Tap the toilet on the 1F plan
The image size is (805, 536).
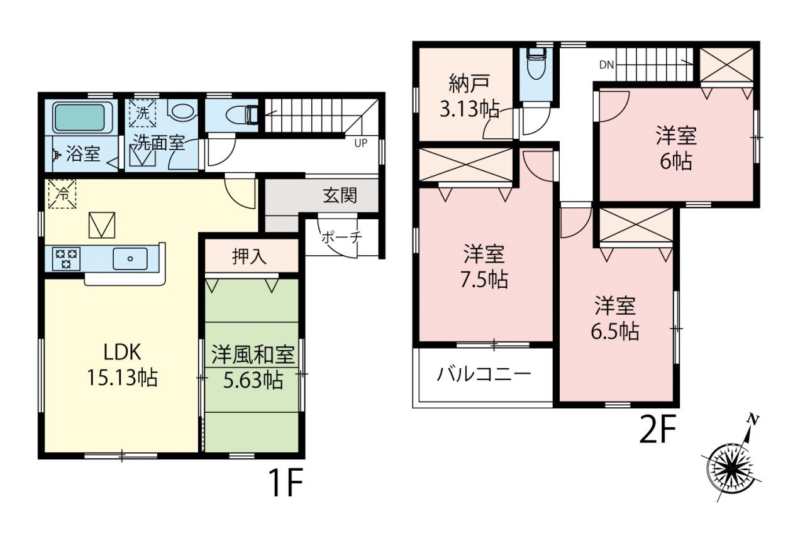point(242,115)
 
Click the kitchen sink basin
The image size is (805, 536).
point(130,258)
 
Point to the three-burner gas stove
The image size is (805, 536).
point(66,258)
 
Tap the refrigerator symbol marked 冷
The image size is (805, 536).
point(62,194)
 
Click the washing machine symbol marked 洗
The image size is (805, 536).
point(143,114)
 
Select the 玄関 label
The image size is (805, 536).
point(340,195)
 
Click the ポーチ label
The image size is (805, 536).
point(341,238)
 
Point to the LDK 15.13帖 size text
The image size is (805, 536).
point(122,364)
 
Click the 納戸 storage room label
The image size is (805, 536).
point(469,83)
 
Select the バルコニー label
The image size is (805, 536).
point(484,375)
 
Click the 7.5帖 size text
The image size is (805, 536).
point(484,280)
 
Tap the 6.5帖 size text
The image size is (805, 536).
point(615,331)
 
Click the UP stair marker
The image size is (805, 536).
point(361,143)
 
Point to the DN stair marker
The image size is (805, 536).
point(607,65)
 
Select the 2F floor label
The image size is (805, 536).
point(658,430)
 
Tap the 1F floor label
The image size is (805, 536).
point(286,483)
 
